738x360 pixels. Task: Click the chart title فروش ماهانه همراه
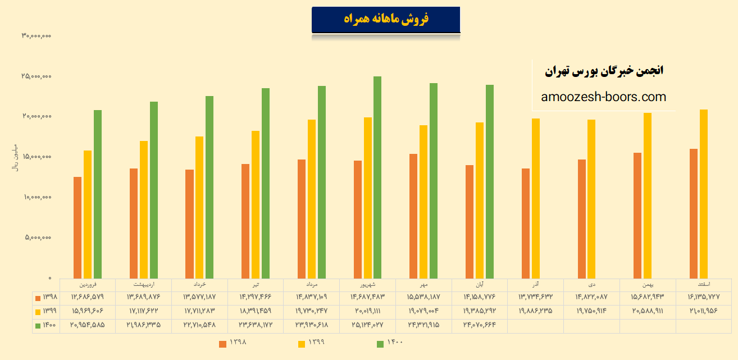click(386, 20)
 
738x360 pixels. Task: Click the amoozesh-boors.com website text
click(604, 97)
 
